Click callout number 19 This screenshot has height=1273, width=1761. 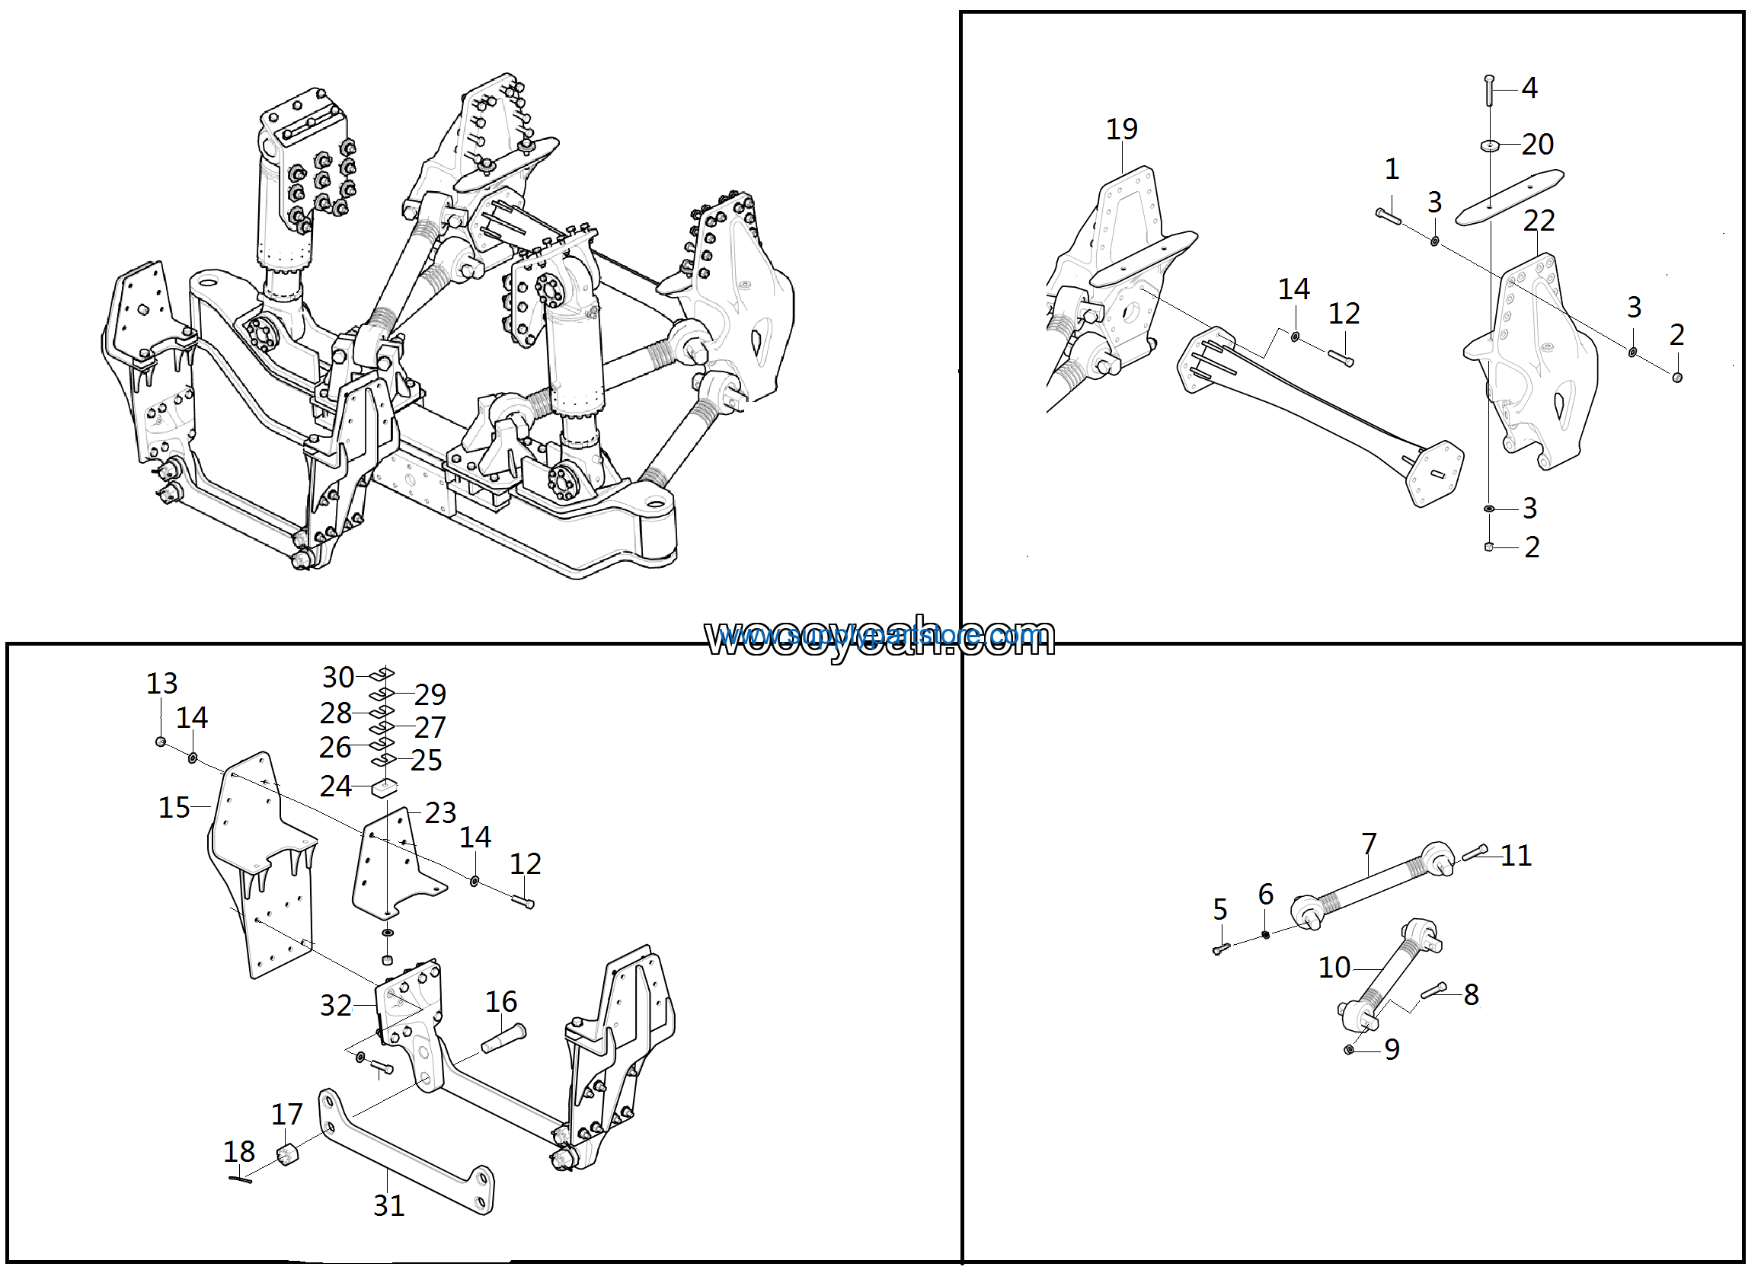(x=1121, y=129)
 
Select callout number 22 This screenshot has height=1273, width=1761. (x=1538, y=222)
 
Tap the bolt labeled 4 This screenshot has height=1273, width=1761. (x=1488, y=91)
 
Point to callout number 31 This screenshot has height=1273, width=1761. (x=388, y=1205)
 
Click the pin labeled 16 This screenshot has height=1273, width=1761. (x=504, y=1038)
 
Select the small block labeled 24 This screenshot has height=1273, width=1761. (x=385, y=790)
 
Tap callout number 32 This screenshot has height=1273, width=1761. (x=335, y=1006)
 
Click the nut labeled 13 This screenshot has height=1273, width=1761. (x=161, y=742)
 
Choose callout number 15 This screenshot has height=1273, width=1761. (x=174, y=808)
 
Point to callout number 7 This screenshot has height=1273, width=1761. (x=1369, y=843)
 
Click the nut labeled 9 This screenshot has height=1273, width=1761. (x=1349, y=1049)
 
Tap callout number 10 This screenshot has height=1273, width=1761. (x=1334, y=968)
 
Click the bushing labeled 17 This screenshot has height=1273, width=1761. (x=287, y=1155)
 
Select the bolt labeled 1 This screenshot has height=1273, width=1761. (x=1389, y=215)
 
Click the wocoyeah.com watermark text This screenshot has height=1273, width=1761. (x=879, y=638)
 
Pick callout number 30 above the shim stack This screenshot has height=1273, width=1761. (x=337, y=678)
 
